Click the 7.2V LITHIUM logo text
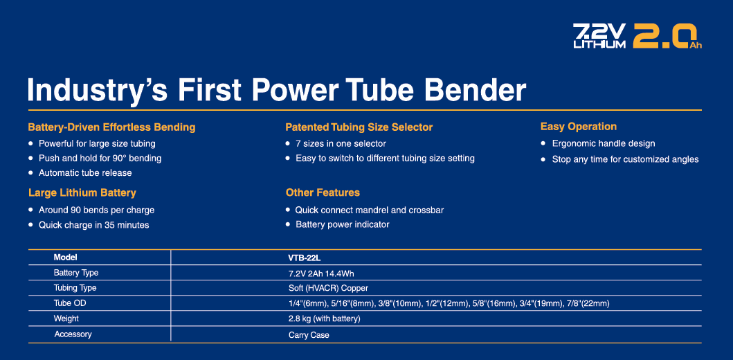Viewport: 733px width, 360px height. pyautogui.click(x=599, y=36)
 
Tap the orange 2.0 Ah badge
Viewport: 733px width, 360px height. pyautogui.click(x=667, y=36)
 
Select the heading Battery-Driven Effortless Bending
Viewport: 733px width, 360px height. pyautogui.click(x=111, y=127)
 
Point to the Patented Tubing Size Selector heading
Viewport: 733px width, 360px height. pyautogui.click(x=359, y=127)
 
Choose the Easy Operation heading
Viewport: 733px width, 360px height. pyautogui.click(x=578, y=127)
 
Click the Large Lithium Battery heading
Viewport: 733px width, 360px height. pyautogui.click(x=82, y=192)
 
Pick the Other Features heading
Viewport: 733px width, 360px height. pyautogui.click(x=323, y=192)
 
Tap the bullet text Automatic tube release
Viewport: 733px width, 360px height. pyautogui.click(x=85, y=173)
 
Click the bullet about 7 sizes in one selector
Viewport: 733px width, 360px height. pyautogui.click(x=341, y=143)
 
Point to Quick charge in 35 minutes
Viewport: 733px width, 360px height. pyautogui.click(x=94, y=225)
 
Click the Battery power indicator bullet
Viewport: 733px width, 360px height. pyautogui.click(x=342, y=225)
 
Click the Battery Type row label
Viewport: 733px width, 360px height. pyautogui.click(x=76, y=273)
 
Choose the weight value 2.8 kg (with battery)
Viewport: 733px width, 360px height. pyautogui.click(x=325, y=319)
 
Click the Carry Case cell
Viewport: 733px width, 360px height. pyautogui.click(x=309, y=335)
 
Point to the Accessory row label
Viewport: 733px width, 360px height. pyautogui.click(x=73, y=334)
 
